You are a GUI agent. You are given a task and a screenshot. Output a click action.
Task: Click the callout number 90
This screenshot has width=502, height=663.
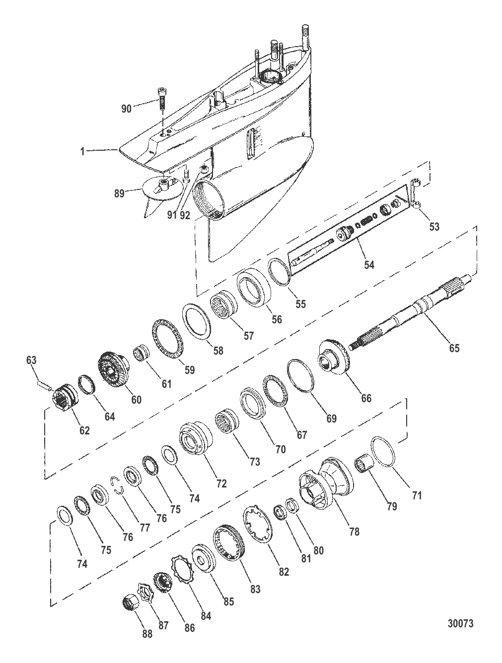click(126, 108)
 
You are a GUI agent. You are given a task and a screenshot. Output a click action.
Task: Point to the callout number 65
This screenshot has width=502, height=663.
click(454, 348)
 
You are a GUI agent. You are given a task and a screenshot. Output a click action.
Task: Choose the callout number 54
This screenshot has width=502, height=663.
click(368, 264)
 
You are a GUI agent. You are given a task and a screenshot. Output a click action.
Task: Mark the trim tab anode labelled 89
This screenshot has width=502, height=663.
click(157, 190)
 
